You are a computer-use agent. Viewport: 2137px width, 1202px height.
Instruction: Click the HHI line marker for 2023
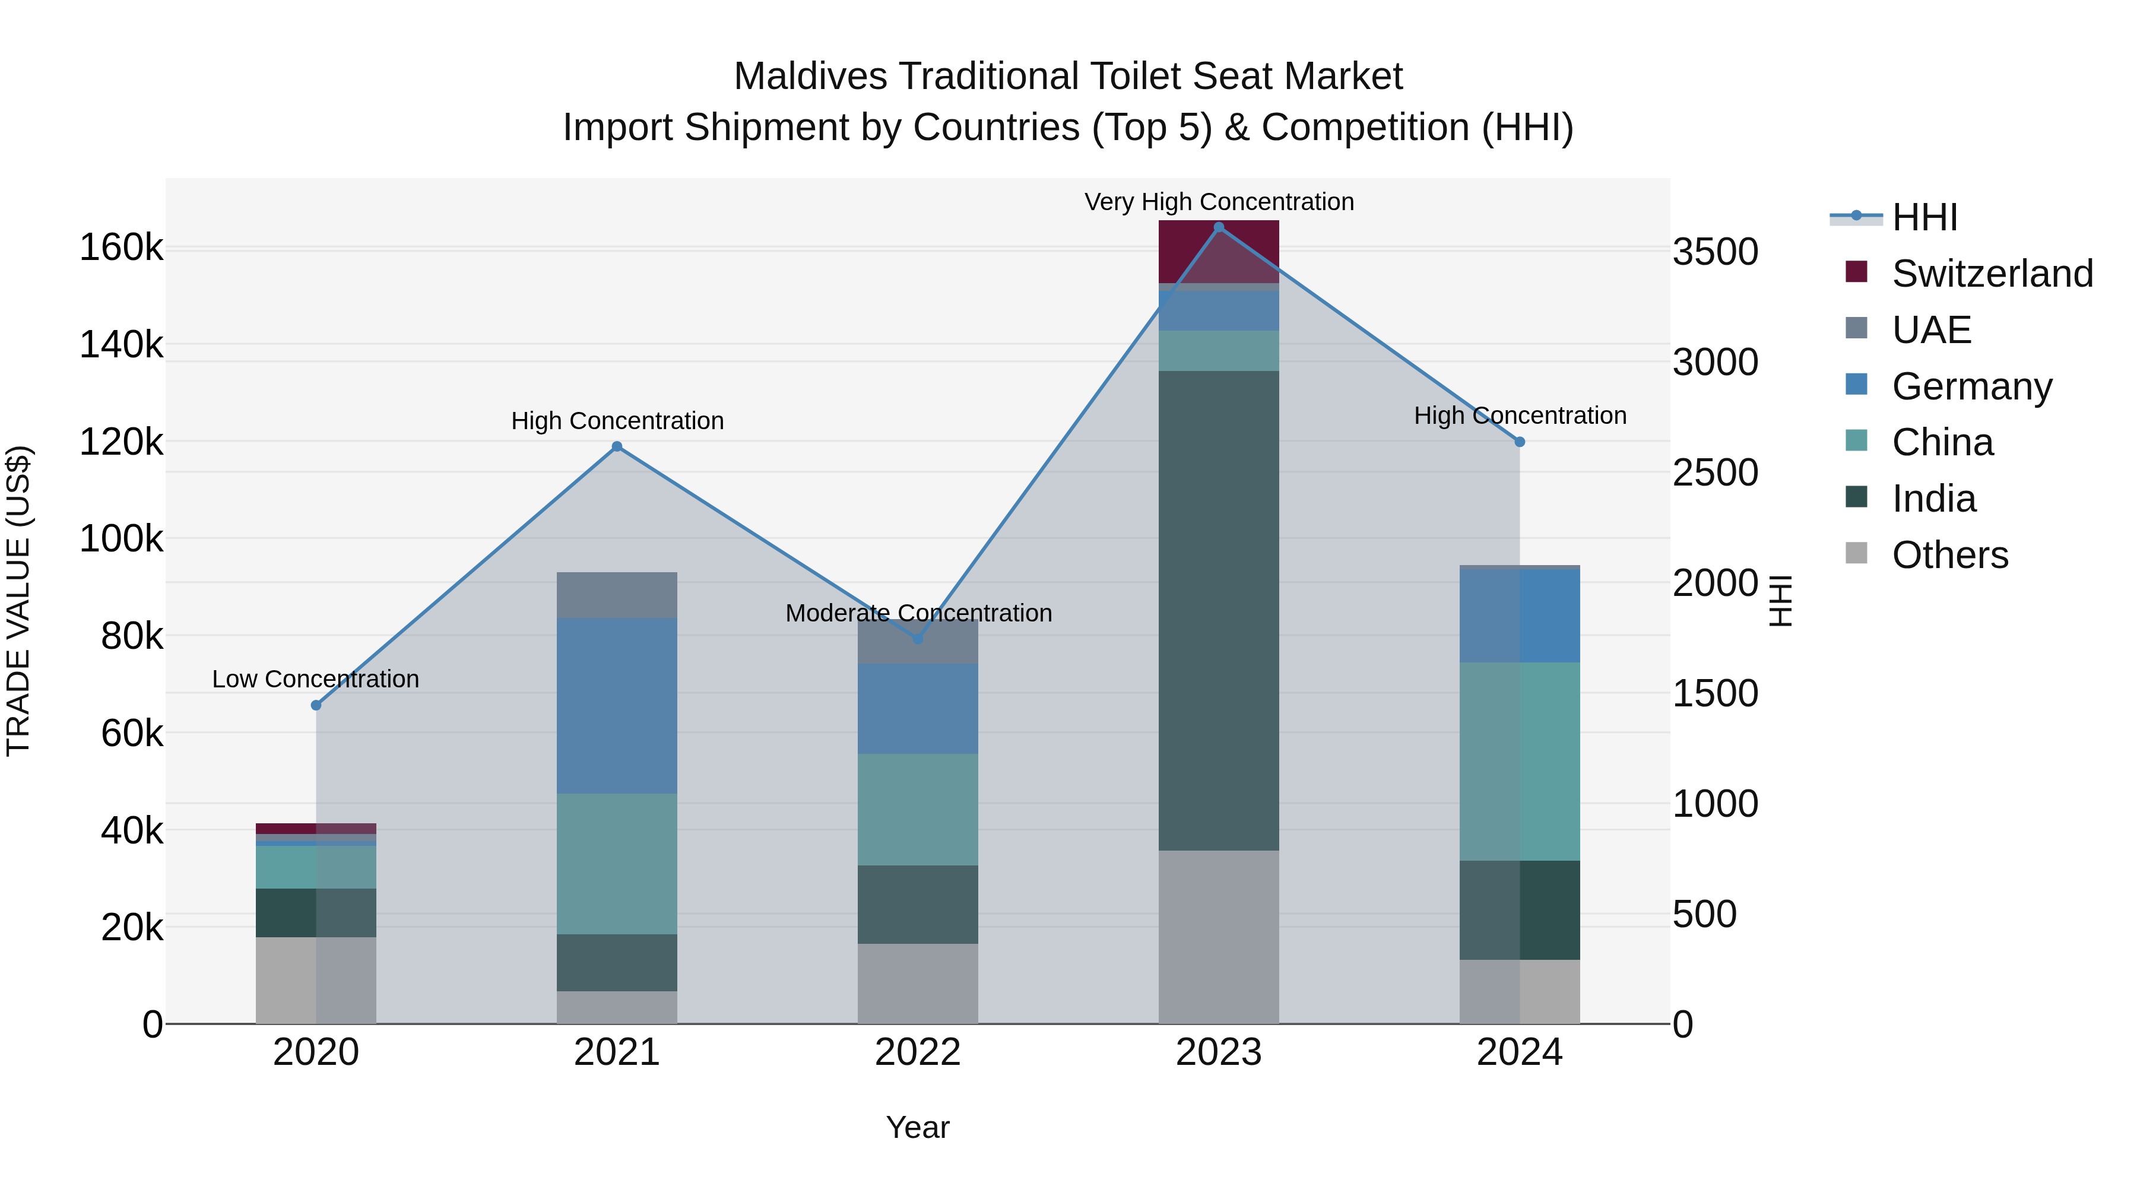(1219, 227)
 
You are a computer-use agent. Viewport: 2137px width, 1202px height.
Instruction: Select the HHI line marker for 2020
(316, 705)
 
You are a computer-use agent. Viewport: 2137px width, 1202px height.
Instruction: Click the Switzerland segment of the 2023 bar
(1219, 251)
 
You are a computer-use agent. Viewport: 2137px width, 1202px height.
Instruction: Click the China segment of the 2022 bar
(918, 810)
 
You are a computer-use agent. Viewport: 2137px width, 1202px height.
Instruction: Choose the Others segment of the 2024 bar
(1520, 991)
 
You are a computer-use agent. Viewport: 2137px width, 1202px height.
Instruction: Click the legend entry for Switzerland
(1991, 274)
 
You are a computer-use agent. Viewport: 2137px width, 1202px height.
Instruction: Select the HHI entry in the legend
(1924, 217)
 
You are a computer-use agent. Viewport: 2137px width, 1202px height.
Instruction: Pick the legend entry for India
(1933, 499)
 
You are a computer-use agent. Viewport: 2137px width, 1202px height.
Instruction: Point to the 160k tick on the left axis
(121, 248)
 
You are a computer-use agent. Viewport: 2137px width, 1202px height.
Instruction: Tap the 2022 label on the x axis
(918, 1052)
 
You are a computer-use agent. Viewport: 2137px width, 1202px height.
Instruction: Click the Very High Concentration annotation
(1219, 202)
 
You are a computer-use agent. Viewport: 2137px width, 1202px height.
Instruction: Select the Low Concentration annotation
(316, 678)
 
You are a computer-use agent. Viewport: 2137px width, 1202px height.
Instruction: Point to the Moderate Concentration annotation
(918, 613)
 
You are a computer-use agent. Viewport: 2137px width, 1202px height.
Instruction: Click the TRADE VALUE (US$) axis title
(18, 601)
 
